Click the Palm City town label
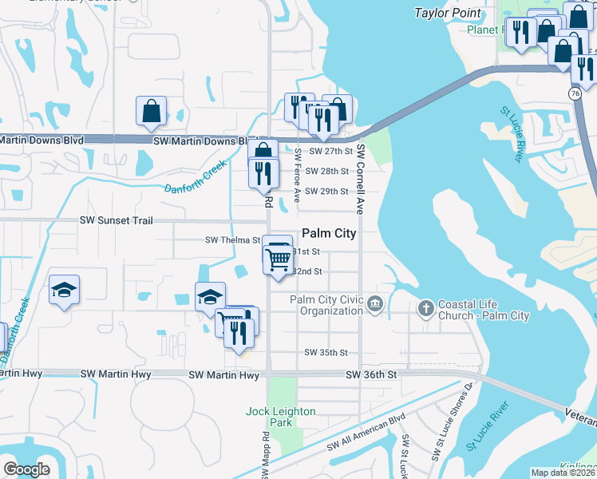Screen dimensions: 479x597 click(x=329, y=234)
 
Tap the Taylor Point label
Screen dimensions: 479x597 click(x=448, y=13)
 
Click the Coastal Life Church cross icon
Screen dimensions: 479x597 click(x=425, y=307)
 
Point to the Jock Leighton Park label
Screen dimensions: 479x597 click(x=280, y=417)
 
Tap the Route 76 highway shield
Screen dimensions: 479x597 click(x=575, y=93)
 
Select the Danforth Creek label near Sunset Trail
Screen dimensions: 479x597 click(x=196, y=180)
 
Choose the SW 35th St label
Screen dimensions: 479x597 click(x=326, y=352)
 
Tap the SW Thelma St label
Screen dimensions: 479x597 click(x=232, y=239)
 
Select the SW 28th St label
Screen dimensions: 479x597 click(x=328, y=171)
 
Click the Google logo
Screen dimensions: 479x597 click(x=27, y=469)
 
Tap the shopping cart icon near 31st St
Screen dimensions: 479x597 click(x=278, y=257)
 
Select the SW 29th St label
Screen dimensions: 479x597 click(x=328, y=192)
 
